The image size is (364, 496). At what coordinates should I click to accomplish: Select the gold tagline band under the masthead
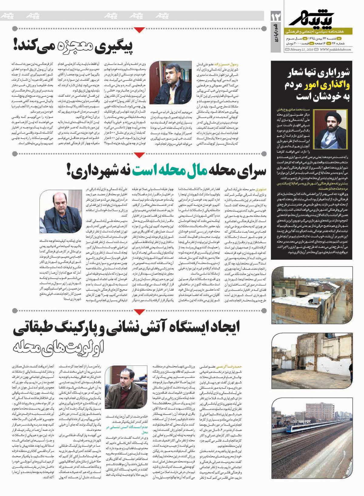coord(318,31)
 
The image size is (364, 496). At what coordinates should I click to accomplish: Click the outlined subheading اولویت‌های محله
coord(59,345)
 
